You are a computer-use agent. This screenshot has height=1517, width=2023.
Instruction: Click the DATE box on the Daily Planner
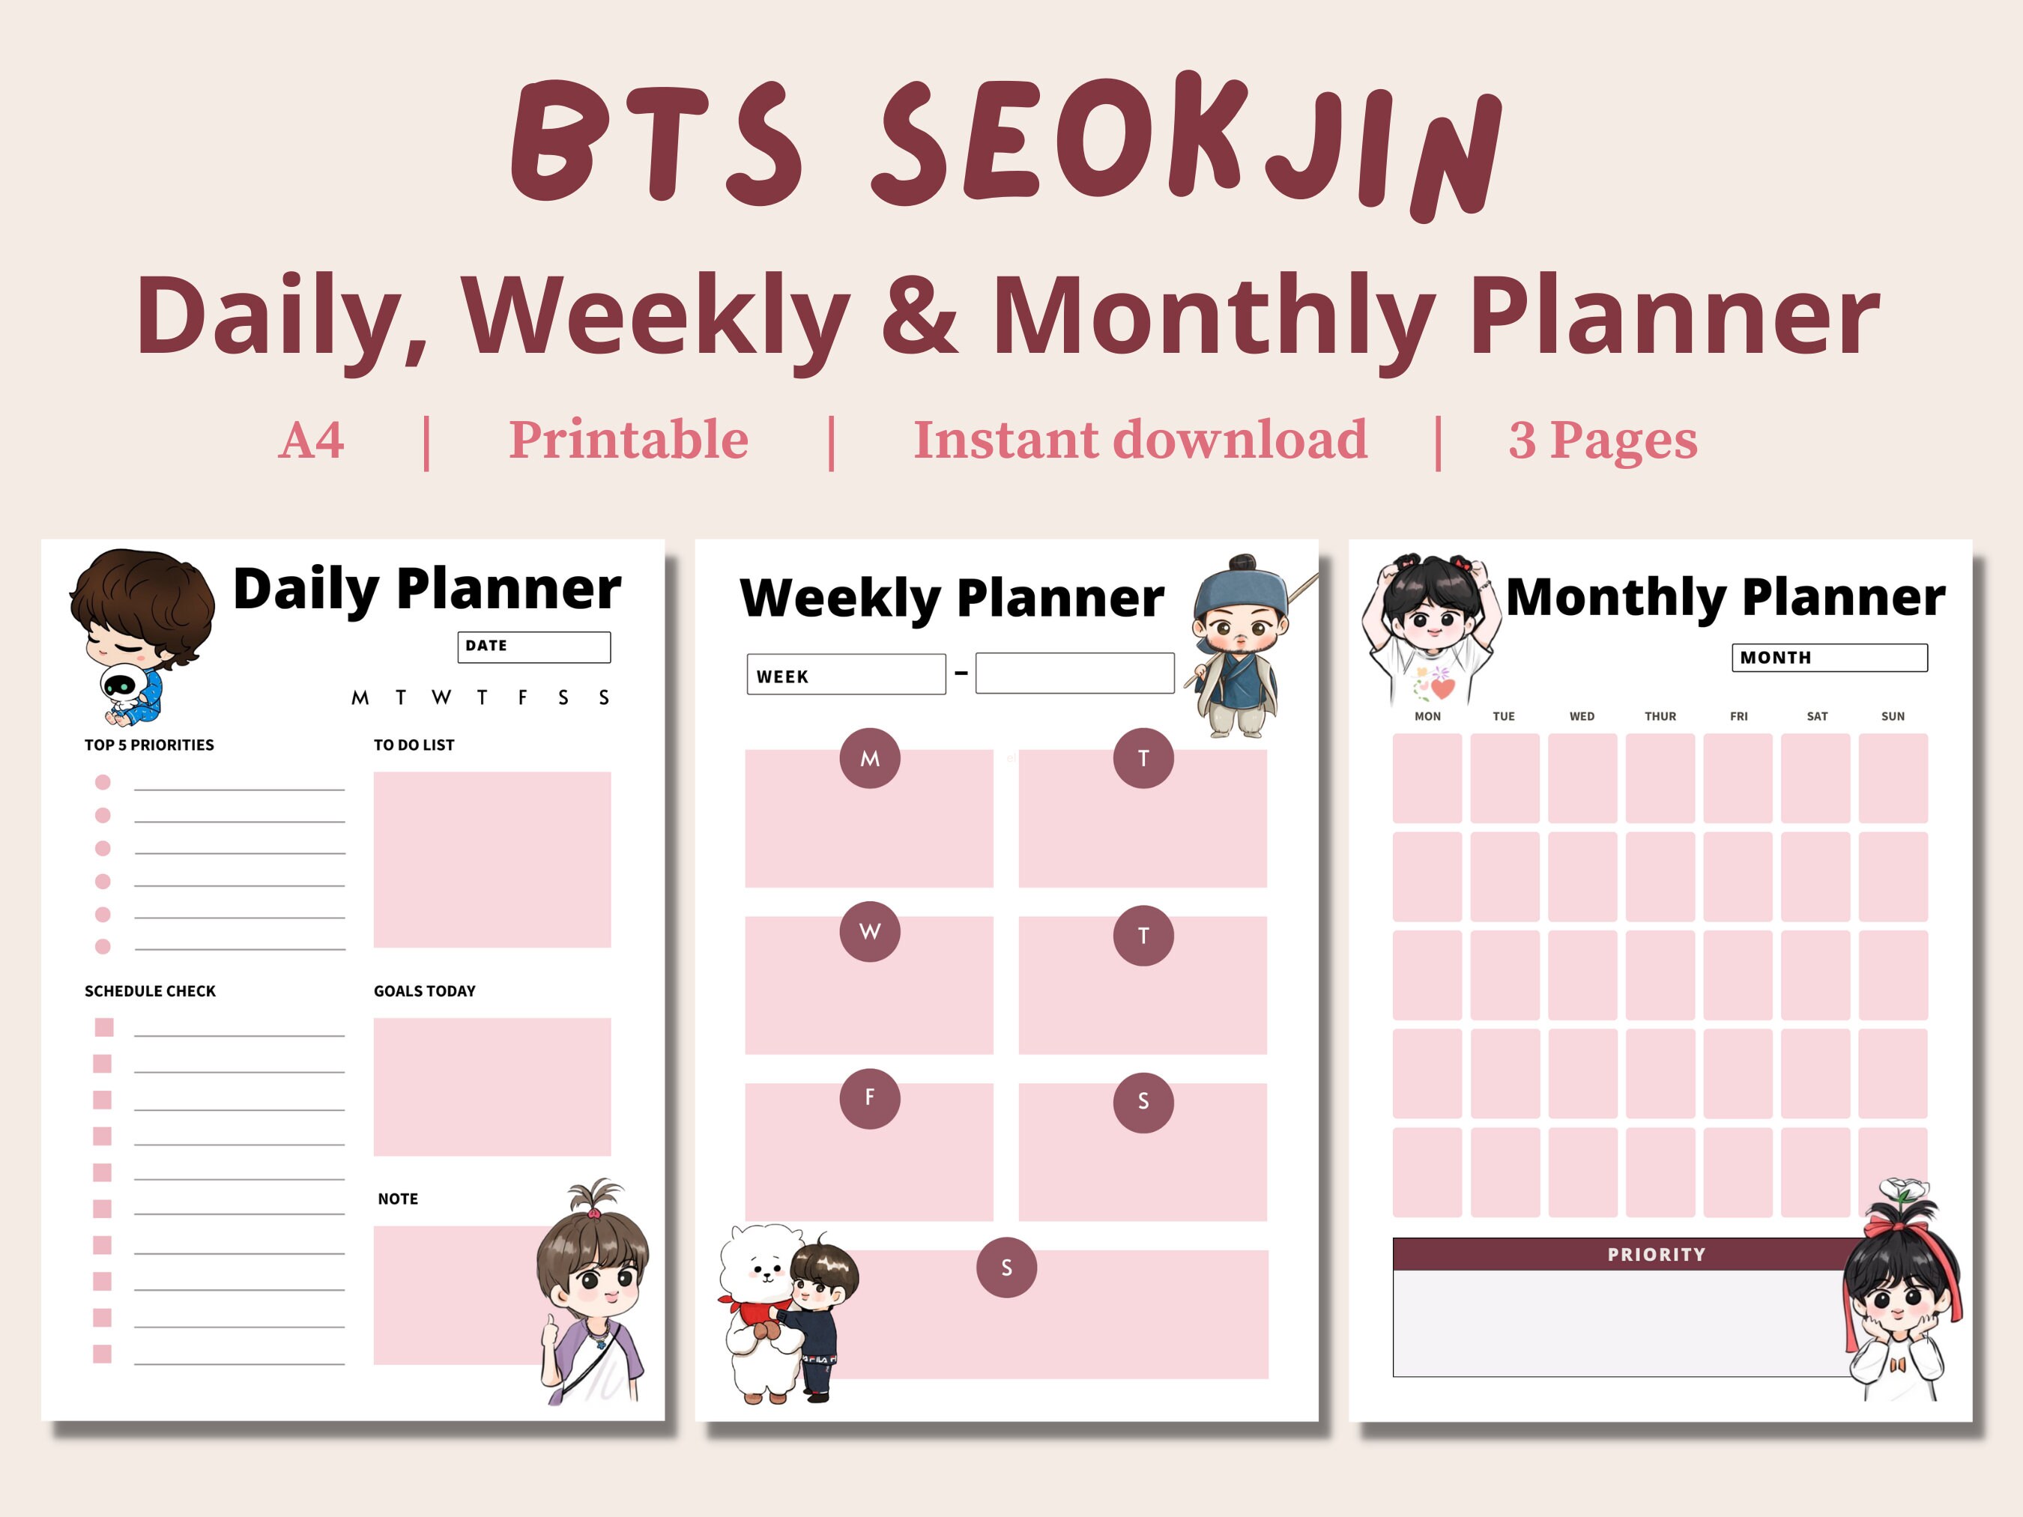coord(533,647)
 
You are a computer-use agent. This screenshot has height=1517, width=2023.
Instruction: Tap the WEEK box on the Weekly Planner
coord(845,675)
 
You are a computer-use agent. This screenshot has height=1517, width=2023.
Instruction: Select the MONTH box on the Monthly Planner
coord(1829,658)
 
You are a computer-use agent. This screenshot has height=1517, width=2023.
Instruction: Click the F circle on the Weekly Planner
coord(870,1097)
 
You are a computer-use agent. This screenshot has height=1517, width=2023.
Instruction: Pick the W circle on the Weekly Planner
coord(870,931)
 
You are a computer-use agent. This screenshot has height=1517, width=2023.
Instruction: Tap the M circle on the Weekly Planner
coord(870,758)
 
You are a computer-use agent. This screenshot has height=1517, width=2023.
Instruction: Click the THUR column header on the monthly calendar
coord(1660,716)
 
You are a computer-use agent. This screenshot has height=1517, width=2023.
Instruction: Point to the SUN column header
coord(1892,716)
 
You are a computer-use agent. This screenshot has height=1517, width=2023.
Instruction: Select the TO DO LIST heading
coord(414,745)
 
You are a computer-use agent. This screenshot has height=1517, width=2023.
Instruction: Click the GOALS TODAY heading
coord(424,991)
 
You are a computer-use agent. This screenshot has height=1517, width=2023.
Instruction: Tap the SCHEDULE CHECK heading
coord(150,991)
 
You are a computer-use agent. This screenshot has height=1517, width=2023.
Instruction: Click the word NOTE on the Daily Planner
coord(398,1199)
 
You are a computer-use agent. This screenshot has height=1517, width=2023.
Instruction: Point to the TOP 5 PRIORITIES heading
coord(149,745)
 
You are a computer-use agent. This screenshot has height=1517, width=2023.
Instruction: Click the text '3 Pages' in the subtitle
coord(1603,440)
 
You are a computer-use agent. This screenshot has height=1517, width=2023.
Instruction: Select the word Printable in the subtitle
coord(629,440)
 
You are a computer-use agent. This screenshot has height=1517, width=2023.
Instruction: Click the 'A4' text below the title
coord(311,440)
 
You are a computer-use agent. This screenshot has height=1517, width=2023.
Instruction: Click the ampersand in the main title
coord(921,315)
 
